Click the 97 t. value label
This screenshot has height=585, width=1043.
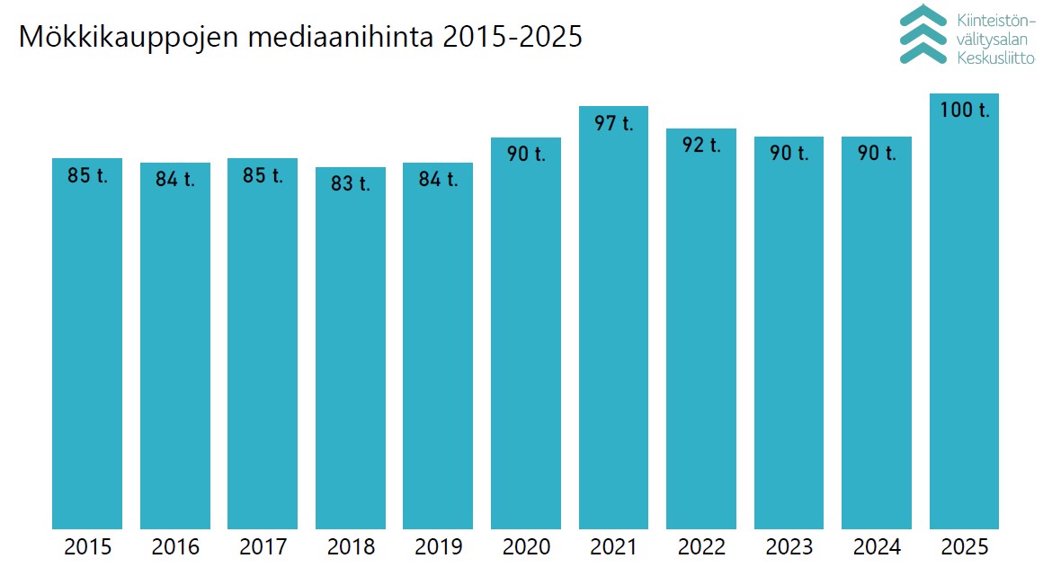pyautogui.click(x=613, y=123)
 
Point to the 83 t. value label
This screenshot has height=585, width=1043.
pyautogui.click(x=351, y=184)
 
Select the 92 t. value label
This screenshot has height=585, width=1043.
pyautogui.click(x=701, y=145)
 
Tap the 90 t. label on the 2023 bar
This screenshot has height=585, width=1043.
pyautogui.click(x=789, y=154)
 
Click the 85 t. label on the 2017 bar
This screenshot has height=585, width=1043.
pyautogui.click(x=263, y=175)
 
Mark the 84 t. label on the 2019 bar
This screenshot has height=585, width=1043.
pyautogui.click(x=438, y=180)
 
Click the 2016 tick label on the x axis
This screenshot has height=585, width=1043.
pyautogui.click(x=175, y=547)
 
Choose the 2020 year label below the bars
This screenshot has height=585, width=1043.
pyautogui.click(x=526, y=547)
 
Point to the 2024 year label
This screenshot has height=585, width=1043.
pyautogui.click(x=877, y=547)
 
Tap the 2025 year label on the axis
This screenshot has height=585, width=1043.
pyautogui.click(x=964, y=547)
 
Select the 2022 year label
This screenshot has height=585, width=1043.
pyautogui.click(x=701, y=547)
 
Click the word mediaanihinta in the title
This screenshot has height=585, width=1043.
pyautogui.click(x=337, y=38)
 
